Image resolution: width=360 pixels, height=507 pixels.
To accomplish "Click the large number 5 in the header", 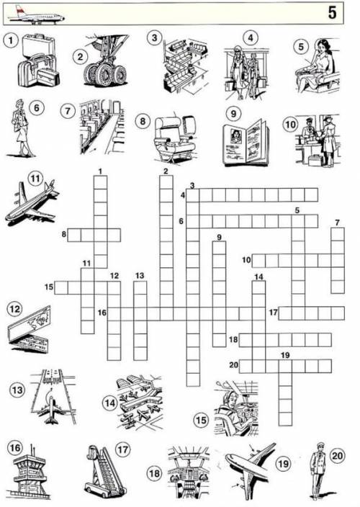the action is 332,13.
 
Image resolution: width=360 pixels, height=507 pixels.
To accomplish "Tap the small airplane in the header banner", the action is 36,17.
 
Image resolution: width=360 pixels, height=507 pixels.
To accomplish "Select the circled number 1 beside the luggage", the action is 11,41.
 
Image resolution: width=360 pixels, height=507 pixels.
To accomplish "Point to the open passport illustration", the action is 246,143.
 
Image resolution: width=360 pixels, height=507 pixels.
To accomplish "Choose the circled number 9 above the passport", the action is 233,114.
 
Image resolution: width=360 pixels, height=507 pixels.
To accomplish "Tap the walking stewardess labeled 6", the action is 22,129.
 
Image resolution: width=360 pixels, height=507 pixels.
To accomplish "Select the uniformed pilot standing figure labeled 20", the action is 318,471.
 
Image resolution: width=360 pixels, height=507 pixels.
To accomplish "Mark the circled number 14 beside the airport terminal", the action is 110,403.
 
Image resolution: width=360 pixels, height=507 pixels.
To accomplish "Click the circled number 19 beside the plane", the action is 283,464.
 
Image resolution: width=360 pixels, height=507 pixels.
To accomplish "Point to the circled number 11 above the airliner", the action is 35,178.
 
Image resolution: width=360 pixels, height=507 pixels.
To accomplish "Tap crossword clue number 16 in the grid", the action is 102,313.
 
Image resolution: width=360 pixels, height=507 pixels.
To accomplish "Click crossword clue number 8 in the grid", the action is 63,233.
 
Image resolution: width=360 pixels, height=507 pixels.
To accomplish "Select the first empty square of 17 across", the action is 285,313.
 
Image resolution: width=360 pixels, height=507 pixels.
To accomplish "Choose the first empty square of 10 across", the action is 258,261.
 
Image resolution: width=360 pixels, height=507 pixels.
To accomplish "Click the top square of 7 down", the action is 338,234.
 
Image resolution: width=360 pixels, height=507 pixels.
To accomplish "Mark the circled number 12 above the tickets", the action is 14,310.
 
